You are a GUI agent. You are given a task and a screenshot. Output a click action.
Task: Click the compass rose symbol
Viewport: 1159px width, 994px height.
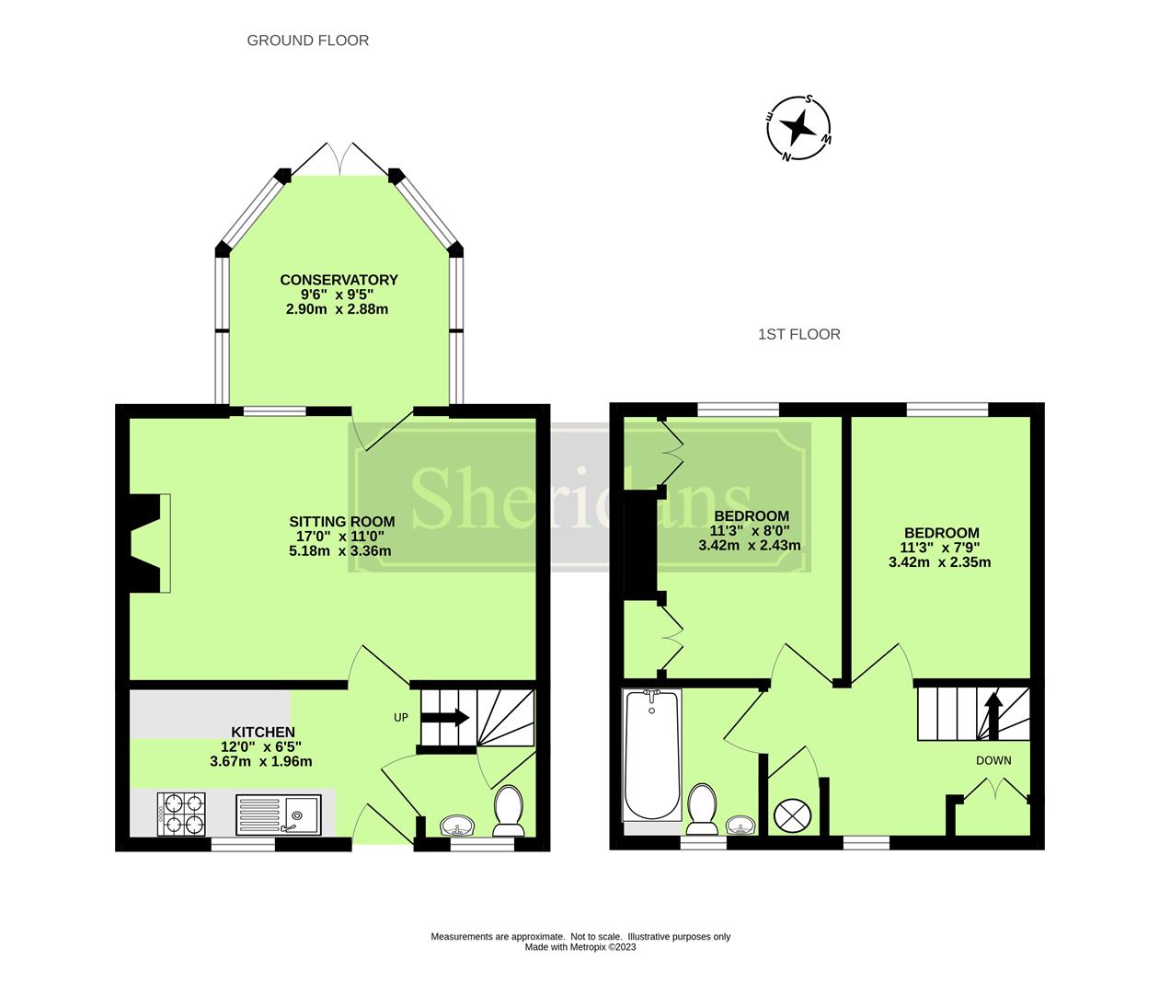(799, 128)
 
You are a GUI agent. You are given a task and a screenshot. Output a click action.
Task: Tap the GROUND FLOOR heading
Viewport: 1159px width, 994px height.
(307, 40)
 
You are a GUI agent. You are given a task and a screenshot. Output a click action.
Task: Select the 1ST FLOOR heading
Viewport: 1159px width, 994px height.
(798, 334)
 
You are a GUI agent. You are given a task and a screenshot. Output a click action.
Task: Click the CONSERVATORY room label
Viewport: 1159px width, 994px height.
(339, 280)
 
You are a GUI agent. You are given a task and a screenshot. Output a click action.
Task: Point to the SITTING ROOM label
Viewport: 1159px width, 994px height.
(341, 522)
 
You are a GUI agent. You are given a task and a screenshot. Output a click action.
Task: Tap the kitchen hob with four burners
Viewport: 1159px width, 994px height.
(181, 814)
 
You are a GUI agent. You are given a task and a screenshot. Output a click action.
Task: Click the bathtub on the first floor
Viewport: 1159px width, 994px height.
(651, 756)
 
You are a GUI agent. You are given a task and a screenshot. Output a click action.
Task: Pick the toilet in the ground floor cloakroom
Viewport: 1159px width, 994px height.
(509, 809)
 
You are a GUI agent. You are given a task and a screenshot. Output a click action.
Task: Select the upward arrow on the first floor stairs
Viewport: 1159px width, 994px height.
(993, 711)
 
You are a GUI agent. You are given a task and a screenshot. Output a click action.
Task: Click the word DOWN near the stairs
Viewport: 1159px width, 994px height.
(993, 760)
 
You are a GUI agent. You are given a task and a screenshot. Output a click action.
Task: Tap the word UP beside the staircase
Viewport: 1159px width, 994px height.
(401, 717)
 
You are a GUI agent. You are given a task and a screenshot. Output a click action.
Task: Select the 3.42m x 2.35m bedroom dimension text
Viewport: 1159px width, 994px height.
(939, 561)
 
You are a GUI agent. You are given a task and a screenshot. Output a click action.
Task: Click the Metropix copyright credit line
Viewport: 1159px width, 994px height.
(580, 947)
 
